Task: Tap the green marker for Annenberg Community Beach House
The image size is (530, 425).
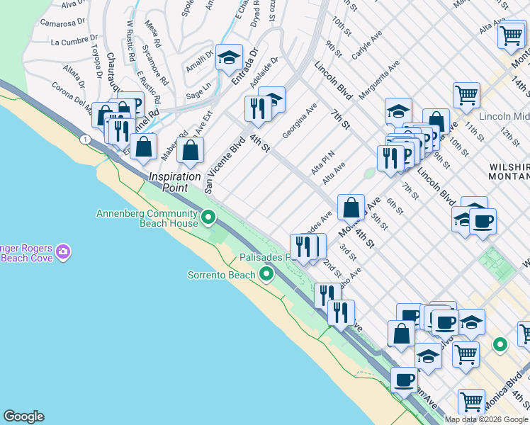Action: (208, 217)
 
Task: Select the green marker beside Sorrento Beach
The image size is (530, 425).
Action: (266, 274)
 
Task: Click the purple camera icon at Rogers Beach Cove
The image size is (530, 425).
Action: (63, 251)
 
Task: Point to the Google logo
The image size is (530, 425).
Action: (23, 416)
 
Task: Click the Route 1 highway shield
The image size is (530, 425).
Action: (85, 140)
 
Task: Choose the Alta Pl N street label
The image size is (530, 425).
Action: (322, 164)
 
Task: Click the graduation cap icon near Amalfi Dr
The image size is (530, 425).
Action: (229, 59)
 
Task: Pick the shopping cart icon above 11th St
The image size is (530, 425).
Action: (466, 93)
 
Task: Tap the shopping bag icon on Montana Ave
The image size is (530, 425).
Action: (351, 208)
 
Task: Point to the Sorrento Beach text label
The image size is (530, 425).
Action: (220, 275)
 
